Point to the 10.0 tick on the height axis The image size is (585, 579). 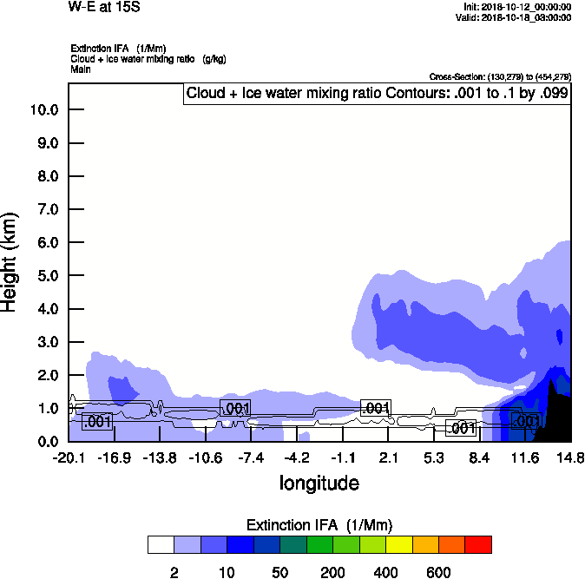click(43, 110)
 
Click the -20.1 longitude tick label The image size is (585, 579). click(69, 457)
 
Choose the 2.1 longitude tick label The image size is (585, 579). click(389, 457)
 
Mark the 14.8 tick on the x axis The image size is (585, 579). click(570, 457)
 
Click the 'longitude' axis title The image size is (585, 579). click(319, 483)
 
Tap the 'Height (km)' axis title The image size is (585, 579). click(11, 261)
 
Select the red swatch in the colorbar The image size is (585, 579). click(478, 544)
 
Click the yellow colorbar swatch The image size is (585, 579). click(398, 544)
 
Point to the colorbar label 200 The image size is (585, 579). click(332, 573)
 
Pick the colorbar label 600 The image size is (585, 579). click(438, 573)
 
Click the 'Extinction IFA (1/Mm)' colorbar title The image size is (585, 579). click(319, 525)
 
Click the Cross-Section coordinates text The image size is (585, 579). click(500, 77)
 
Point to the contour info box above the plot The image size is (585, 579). click(377, 93)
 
